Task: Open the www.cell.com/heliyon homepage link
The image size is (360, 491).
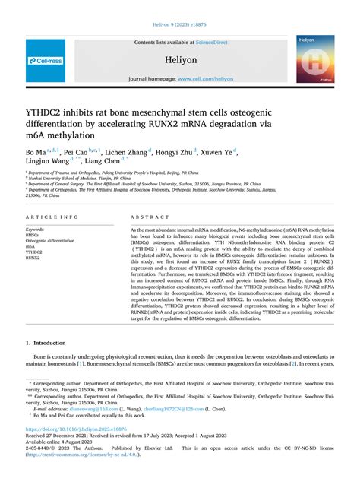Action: tap(204, 78)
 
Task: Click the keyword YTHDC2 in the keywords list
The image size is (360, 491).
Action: tap(36, 252)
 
